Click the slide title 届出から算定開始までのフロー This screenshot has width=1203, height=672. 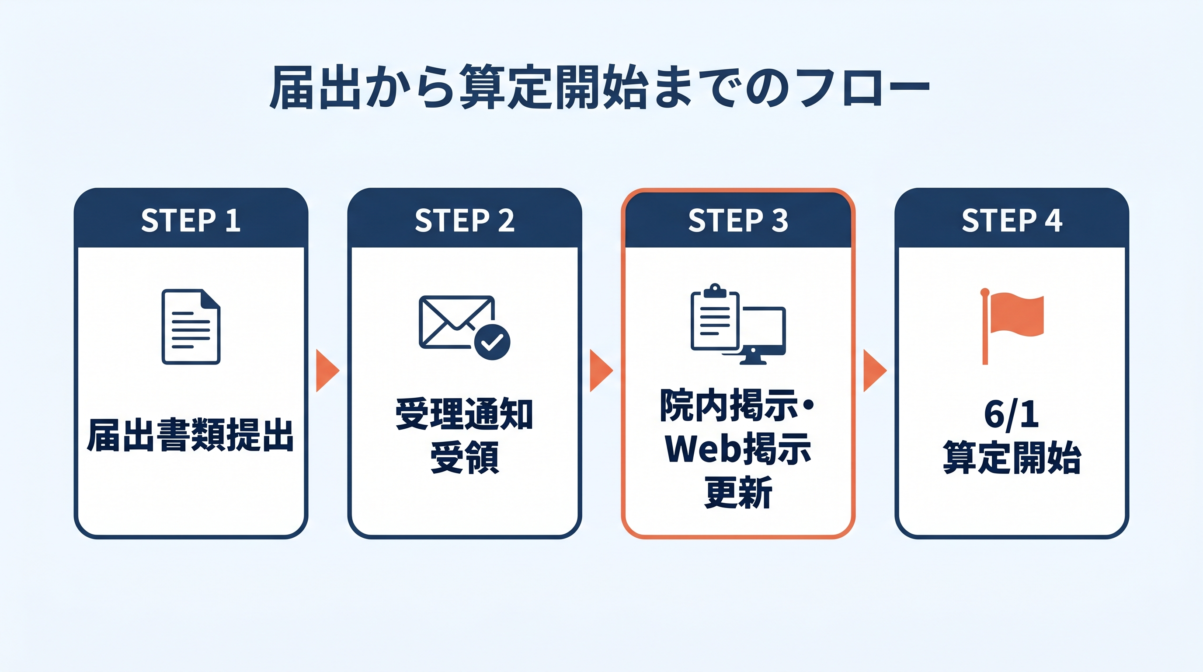point(600,88)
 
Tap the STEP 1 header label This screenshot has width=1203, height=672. point(191,220)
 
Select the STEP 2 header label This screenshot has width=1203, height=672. point(464,220)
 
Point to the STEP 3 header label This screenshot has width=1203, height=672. point(738,220)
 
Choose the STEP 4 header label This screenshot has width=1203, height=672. point(1012,220)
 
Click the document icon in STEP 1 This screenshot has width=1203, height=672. point(191,327)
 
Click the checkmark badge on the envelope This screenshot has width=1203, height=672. point(492,342)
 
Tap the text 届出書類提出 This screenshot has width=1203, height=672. point(191,436)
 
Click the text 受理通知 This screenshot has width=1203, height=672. point(464,414)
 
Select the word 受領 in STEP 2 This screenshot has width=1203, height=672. point(464,457)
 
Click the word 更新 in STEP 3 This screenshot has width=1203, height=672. point(738,493)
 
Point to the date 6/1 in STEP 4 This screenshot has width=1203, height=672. point(1012,414)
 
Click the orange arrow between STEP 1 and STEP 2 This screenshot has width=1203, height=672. point(327,371)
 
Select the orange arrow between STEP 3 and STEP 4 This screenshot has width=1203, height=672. point(874,371)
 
